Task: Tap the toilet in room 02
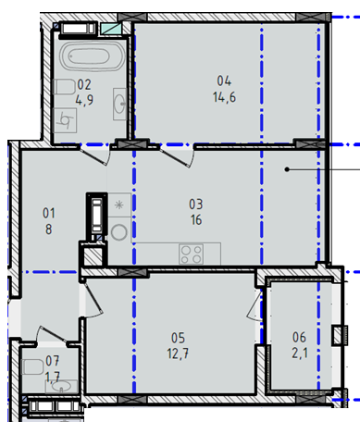64,87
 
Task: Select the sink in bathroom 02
119,104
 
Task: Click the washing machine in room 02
65,120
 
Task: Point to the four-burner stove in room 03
191,254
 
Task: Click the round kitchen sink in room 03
119,232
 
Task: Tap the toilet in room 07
31,366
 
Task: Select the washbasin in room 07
61,387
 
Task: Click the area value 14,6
224,97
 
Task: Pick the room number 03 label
196,205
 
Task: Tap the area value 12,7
178,354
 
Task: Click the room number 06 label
299,338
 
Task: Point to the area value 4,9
84,100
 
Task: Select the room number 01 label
49,213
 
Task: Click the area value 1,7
53,377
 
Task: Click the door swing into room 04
178,157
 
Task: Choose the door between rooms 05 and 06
254,305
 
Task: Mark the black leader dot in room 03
287,169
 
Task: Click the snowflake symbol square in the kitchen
119,205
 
